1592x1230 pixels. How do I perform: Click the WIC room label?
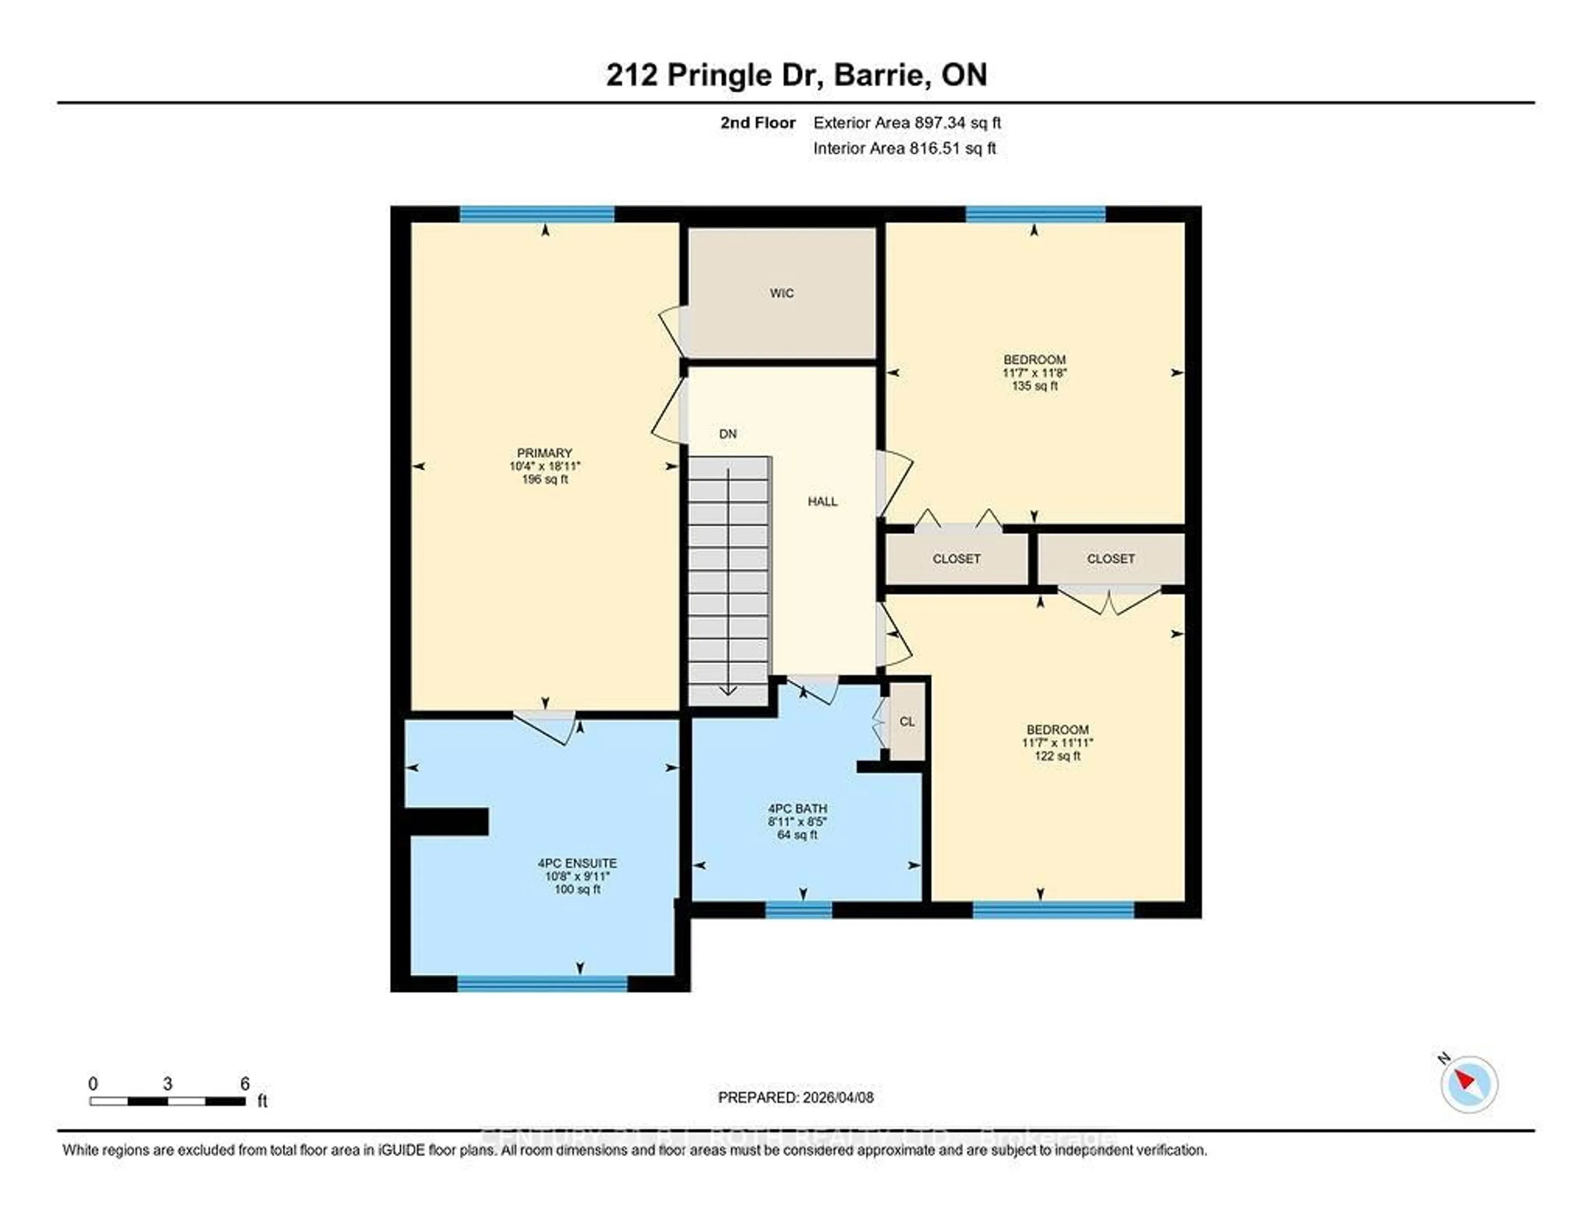click(x=781, y=293)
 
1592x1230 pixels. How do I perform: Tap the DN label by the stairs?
click(x=728, y=434)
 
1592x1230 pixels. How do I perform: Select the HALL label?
click(x=822, y=502)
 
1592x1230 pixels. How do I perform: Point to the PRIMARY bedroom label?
click(x=544, y=453)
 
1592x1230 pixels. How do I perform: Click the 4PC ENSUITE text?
click(x=578, y=863)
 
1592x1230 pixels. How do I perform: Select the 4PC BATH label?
click(x=798, y=809)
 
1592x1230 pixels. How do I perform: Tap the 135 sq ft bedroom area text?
click(x=1034, y=386)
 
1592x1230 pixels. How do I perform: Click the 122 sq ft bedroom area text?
click(x=1057, y=756)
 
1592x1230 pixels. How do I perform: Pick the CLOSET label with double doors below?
click(x=1110, y=559)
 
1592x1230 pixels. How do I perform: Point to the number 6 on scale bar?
click(x=245, y=1084)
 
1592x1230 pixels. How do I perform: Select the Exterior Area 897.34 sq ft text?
click(x=907, y=122)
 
